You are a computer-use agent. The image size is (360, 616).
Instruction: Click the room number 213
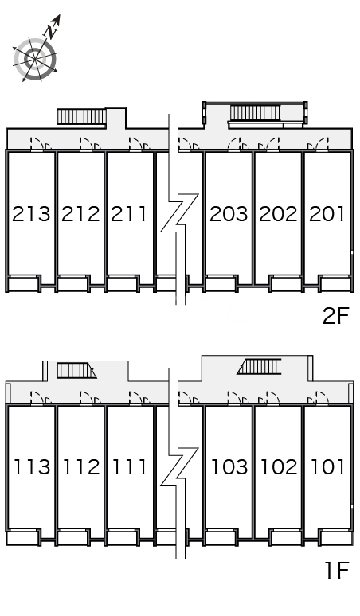click(31, 214)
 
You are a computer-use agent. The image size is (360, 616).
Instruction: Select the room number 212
click(81, 214)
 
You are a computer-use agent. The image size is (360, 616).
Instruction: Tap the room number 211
click(129, 214)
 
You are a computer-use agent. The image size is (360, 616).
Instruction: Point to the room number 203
click(229, 214)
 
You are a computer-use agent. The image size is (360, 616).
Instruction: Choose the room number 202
click(278, 214)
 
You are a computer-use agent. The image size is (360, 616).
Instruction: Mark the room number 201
click(327, 214)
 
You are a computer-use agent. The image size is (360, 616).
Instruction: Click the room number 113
click(33, 466)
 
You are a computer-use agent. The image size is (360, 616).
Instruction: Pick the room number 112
click(82, 466)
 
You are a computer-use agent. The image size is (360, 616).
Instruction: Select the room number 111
click(130, 466)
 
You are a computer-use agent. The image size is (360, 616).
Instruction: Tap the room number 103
click(230, 466)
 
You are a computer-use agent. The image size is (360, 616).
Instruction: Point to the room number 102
click(280, 466)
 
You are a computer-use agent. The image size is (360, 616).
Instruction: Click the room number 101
click(328, 466)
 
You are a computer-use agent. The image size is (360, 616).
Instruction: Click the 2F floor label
click(336, 316)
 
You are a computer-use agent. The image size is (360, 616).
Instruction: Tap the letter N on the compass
click(52, 32)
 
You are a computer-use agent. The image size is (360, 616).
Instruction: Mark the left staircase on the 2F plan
click(82, 117)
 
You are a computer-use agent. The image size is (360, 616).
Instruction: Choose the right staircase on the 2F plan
click(255, 113)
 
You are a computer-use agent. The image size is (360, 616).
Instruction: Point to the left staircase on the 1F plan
click(76, 370)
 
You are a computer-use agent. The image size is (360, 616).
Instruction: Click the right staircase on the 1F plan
click(260, 367)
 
